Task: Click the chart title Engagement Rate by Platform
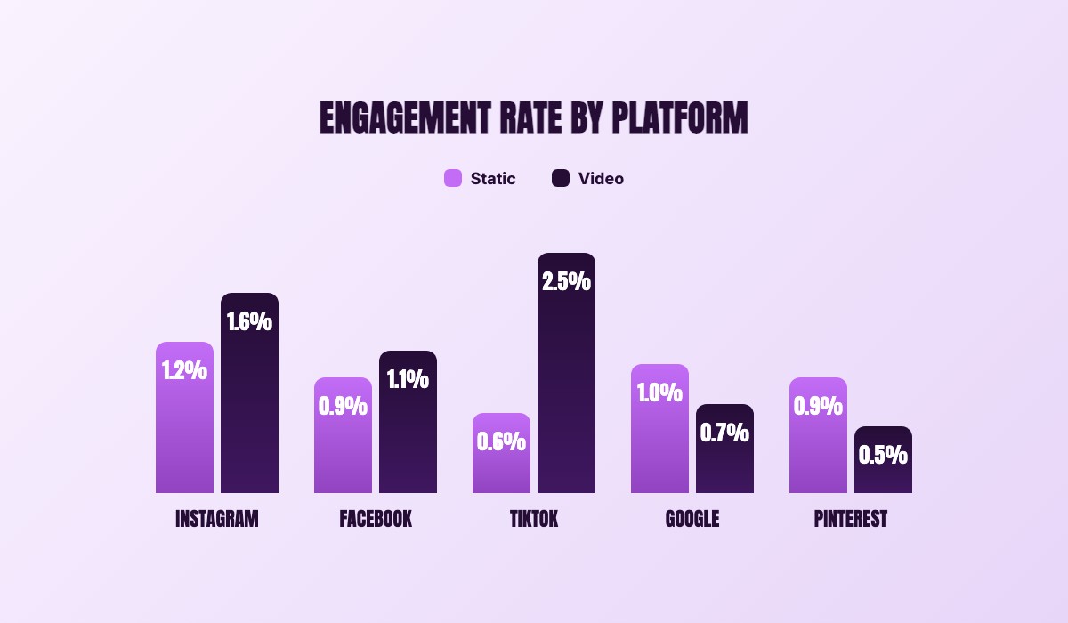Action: [534, 118]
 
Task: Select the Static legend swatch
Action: [453, 178]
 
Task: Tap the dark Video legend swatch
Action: [561, 178]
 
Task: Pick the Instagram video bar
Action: [249, 400]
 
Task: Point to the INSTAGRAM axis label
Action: [217, 519]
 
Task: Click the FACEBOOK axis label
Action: [376, 519]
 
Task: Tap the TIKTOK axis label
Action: [534, 519]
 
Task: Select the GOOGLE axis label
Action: [692, 519]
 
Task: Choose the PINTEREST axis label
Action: [851, 519]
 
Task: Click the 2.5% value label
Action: [566, 281]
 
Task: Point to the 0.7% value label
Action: [724, 433]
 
